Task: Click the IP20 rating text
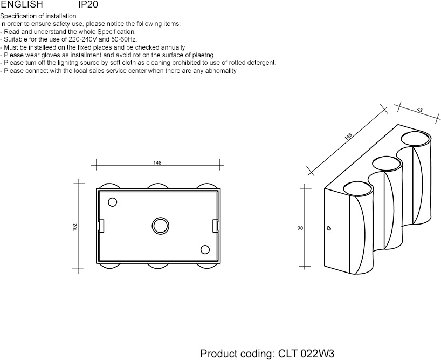[88, 4]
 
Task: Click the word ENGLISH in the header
[22, 4]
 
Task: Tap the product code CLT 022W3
[306, 353]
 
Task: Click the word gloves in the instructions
[51, 55]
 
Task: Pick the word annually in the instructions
[173, 47]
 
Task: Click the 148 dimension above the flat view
[157, 162]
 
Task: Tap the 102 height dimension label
[75, 227]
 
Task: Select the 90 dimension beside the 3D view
[300, 228]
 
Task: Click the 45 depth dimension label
[419, 110]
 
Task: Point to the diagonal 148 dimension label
[348, 136]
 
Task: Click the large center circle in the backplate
[160, 218]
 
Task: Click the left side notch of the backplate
[101, 226]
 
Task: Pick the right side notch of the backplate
[215, 226]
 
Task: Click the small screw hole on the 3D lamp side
[328, 228]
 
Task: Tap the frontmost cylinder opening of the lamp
[357, 182]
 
